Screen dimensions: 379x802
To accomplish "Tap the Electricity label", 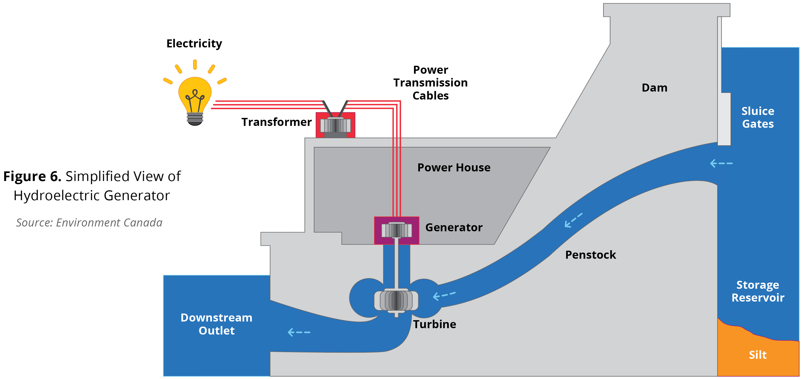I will click(x=194, y=44).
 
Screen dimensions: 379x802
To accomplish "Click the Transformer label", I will click(x=277, y=122).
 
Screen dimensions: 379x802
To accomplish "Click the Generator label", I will click(x=453, y=228).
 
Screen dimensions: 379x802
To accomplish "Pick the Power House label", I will click(x=453, y=168).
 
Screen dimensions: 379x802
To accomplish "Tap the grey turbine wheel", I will click(x=396, y=300).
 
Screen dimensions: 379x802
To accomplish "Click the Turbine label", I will click(x=435, y=324).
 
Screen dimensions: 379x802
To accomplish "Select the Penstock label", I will click(x=590, y=255).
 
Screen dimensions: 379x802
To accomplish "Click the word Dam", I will click(x=654, y=88).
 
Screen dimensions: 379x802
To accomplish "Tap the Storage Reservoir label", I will click(x=758, y=291).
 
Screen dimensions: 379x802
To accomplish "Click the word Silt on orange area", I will click(x=758, y=355).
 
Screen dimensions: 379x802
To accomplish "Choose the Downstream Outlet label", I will click(x=216, y=324).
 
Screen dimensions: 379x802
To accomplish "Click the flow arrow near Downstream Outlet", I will click(x=299, y=332).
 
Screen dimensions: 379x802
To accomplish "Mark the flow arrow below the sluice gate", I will click(x=721, y=163).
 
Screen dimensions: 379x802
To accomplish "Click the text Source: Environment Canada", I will click(x=89, y=223).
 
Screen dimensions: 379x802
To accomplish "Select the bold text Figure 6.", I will click(x=32, y=176).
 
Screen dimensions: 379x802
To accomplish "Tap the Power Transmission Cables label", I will click(x=430, y=83).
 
